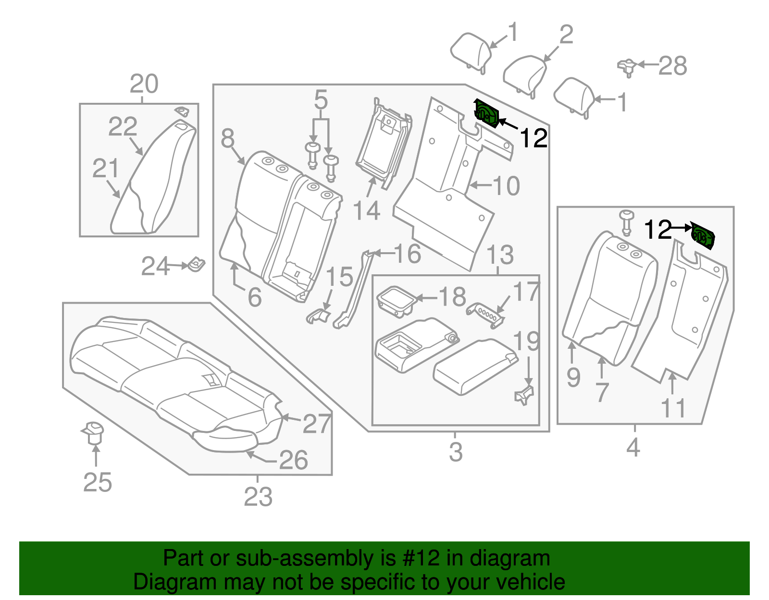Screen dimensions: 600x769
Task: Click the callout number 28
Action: click(x=672, y=66)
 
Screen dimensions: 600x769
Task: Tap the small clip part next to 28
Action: click(x=626, y=67)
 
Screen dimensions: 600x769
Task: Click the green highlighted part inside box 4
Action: click(x=703, y=236)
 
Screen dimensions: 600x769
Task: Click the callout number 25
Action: click(x=98, y=482)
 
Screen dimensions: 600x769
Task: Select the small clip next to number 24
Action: click(x=197, y=264)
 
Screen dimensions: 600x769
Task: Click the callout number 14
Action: click(x=366, y=211)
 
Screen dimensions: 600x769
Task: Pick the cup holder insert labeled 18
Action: click(x=396, y=301)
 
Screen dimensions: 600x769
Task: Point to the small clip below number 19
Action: click(x=524, y=395)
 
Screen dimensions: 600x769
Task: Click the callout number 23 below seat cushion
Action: click(x=258, y=497)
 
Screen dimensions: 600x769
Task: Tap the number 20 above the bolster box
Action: click(x=144, y=84)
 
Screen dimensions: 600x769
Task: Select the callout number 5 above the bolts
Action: click(x=321, y=100)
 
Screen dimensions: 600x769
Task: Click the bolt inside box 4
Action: click(x=626, y=221)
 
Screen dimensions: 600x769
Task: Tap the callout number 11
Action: click(x=673, y=408)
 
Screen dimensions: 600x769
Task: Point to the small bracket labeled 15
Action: click(x=319, y=315)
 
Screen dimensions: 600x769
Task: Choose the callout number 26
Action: click(x=293, y=460)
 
